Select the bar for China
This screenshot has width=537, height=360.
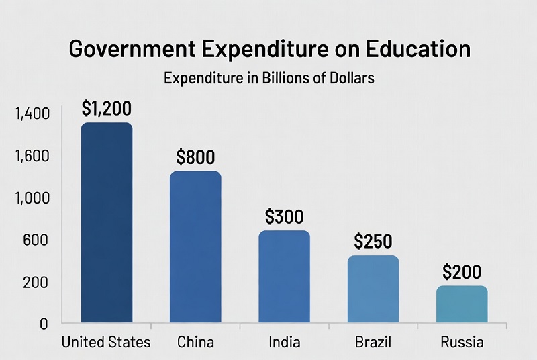pyautogui.click(x=195, y=247)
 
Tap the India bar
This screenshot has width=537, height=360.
pyautogui.click(x=285, y=277)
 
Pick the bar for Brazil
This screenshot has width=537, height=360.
pyautogui.click(x=373, y=289)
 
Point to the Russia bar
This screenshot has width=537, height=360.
pyautogui.click(x=462, y=304)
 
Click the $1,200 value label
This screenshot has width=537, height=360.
pyautogui.click(x=106, y=107)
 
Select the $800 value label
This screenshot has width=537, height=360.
pyautogui.click(x=195, y=157)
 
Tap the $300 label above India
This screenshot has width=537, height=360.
pyautogui.click(x=285, y=216)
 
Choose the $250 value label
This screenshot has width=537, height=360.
pyautogui.click(x=373, y=241)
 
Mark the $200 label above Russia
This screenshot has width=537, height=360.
pyautogui.click(x=462, y=272)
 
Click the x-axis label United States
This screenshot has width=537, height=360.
pyautogui.click(x=106, y=343)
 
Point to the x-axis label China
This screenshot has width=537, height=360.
pyautogui.click(x=195, y=343)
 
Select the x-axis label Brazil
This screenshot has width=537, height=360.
pyautogui.click(x=373, y=343)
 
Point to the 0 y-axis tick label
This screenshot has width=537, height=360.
pyautogui.click(x=44, y=324)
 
